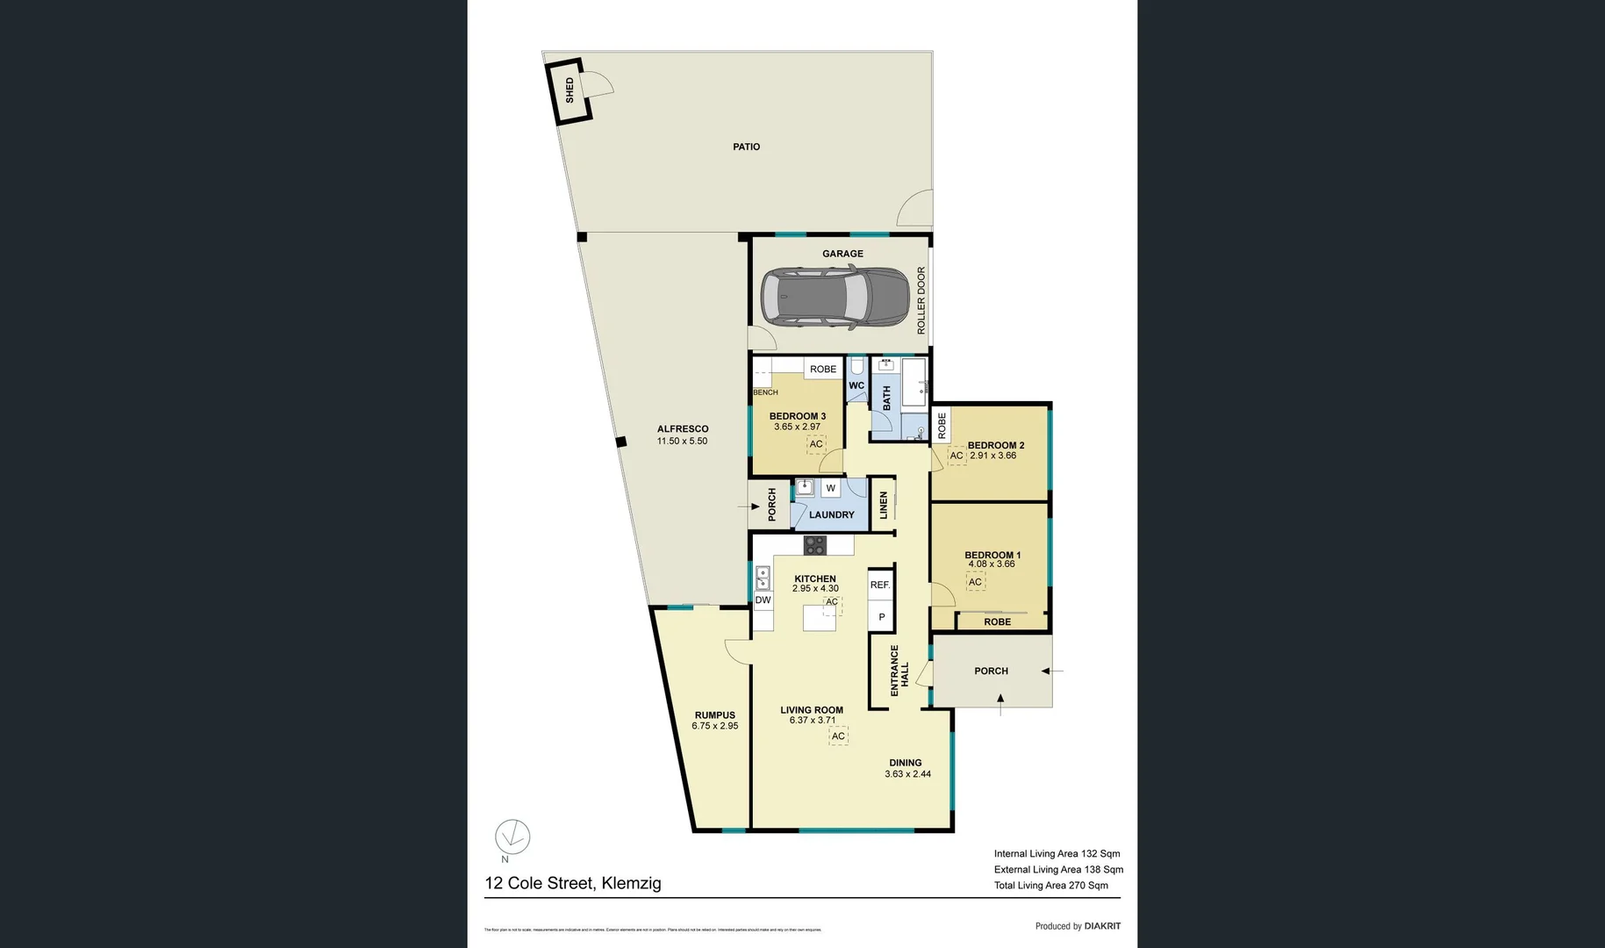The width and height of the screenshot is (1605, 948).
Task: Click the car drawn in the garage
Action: (835, 298)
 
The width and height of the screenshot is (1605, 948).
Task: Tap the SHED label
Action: (570, 90)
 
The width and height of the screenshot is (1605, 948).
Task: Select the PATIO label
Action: (746, 147)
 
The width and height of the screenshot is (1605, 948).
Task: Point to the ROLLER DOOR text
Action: (921, 300)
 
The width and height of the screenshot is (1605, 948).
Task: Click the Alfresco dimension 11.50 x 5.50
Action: (682, 442)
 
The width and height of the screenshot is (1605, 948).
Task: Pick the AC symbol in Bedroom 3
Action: (816, 444)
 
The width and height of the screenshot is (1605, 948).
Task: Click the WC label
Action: (856, 385)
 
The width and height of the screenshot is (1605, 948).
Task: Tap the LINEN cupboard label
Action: (884, 505)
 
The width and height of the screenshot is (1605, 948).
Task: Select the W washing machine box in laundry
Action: (830, 488)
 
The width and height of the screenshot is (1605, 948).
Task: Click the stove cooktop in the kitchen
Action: (814, 545)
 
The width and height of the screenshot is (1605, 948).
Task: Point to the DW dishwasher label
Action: (763, 600)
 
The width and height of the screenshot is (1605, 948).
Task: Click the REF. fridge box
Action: (880, 585)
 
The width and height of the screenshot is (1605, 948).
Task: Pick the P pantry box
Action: (881, 617)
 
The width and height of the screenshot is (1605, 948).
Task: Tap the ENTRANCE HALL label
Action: (899, 671)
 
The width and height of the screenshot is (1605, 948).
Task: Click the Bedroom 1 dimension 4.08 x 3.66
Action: (992, 564)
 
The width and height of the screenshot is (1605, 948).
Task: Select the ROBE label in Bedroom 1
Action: (997, 621)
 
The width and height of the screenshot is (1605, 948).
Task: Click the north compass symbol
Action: (512, 837)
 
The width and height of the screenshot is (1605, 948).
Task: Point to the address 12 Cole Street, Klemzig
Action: (573, 883)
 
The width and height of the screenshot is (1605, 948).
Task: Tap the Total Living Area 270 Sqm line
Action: (1050, 886)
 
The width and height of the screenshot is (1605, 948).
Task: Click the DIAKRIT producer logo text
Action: (1102, 926)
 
